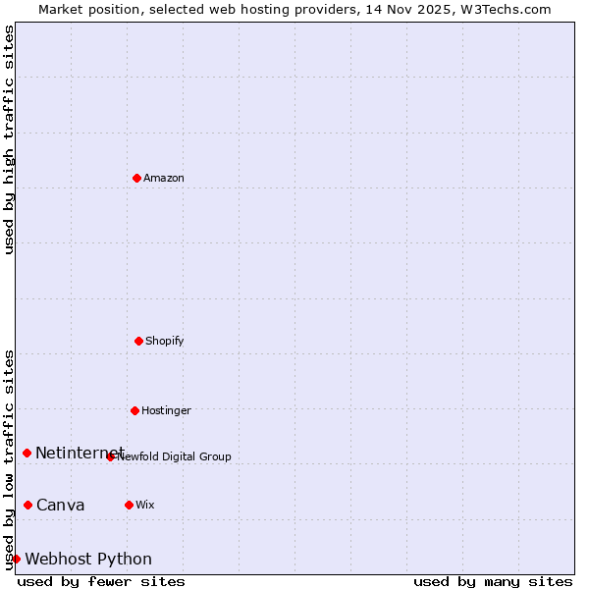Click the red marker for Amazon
pos(136,178)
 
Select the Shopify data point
pos(138,341)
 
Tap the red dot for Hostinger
pos(134,410)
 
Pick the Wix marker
pos(129,505)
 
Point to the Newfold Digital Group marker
pos(111,456)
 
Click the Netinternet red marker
pos(27,453)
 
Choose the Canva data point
pos(27,505)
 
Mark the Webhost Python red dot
pos(16,559)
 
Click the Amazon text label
pos(164,178)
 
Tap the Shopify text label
pos(165,341)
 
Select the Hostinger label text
pos(166,410)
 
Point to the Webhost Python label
pos(88,559)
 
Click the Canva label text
pos(61,505)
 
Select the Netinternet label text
pos(80,453)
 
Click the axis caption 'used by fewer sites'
pos(101,581)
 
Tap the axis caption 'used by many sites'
pos(493,581)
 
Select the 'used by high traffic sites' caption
pos(9,139)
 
